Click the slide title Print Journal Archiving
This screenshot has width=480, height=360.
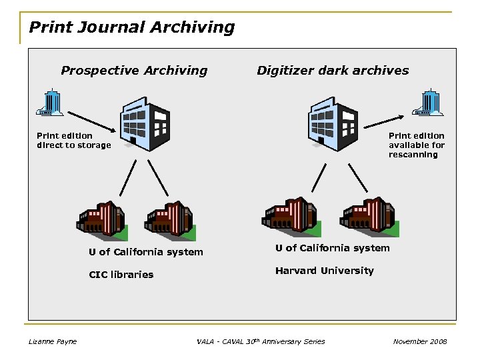[x=132, y=27]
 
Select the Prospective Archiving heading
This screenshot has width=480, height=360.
[x=134, y=71]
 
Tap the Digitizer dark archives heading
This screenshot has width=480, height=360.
[x=333, y=71]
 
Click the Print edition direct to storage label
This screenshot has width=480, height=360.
[x=73, y=141]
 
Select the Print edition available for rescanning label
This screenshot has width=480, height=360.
[x=417, y=145]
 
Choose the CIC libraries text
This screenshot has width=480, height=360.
[x=121, y=275]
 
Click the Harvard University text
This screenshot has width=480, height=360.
[x=324, y=271]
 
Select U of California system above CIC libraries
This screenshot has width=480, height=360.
[x=146, y=252]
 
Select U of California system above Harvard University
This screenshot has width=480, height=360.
[x=332, y=248]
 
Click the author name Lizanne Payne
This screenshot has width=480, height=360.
[x=53, y=342]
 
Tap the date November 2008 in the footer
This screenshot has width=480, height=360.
[x=420, y=342]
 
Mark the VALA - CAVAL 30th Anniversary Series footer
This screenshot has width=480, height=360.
[x=261, y=342]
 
